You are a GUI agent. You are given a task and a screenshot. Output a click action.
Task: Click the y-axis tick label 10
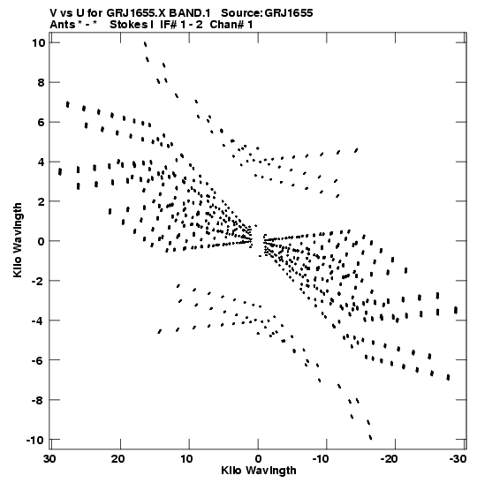click(38, 42)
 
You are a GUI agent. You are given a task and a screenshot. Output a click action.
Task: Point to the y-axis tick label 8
click(42, 82)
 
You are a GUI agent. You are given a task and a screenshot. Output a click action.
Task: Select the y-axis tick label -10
click(35, 440)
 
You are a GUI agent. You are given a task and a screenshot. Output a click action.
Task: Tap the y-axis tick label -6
click(39, 360)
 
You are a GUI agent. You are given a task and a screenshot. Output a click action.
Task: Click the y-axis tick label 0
click(42, 241)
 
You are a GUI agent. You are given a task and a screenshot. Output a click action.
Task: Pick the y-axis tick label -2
click(39, 281)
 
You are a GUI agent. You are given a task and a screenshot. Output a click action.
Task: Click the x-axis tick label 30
click(49, 459)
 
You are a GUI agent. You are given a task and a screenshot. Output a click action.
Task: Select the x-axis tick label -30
click(458, 459)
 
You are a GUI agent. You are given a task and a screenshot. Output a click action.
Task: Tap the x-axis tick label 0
click(258, 459)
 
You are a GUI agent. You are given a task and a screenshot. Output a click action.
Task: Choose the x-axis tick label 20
click(118, 459)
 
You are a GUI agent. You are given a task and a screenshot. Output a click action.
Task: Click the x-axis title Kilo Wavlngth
click(259, 471)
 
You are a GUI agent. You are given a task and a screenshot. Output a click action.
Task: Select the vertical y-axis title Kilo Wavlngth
click(18, 240)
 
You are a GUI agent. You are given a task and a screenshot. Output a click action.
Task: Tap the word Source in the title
click(241, 13)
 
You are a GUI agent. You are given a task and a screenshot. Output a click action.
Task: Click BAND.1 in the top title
click(190, 13)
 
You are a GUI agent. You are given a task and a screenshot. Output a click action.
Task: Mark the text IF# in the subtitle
click(169, 25)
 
